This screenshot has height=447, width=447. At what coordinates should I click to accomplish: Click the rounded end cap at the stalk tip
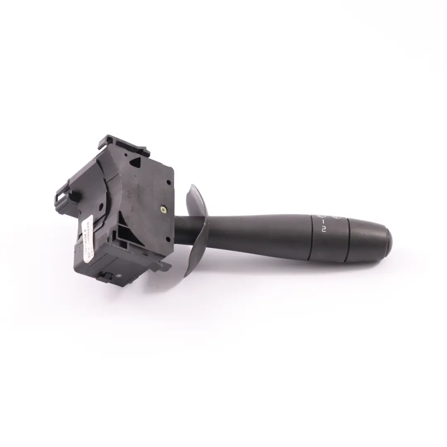tap(385, 243)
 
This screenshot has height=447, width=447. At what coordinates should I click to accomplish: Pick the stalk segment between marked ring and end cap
tap(360, 240)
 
